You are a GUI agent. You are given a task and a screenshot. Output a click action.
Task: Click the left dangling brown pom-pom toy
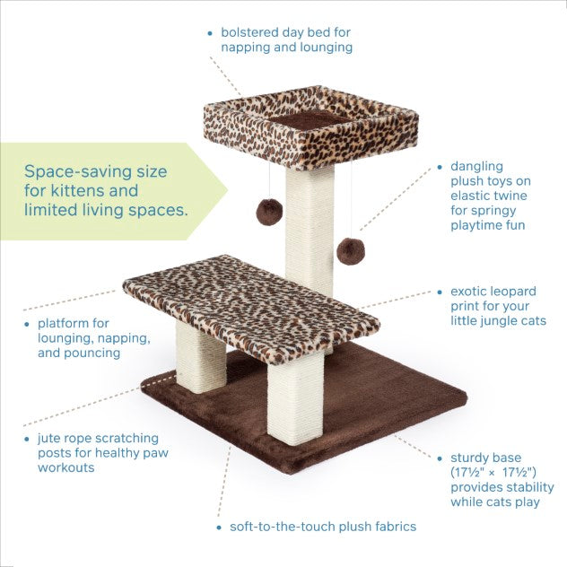[x=269, y=212]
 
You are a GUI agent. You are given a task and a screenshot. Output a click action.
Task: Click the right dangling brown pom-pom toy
[x=351, y=251]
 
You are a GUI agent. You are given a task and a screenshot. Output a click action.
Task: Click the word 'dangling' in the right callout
[x=476, y=167]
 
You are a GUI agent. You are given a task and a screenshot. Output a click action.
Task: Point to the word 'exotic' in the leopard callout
[x=469, y=291]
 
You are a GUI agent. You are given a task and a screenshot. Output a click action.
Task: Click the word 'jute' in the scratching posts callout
[x=49, y=439]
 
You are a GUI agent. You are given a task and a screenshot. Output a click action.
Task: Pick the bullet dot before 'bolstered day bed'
[x=210, y=33]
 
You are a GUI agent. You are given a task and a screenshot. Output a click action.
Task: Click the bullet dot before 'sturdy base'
[x=440, y=458]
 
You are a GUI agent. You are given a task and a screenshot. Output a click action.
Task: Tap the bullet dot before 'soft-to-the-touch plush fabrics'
[x=219, y=528]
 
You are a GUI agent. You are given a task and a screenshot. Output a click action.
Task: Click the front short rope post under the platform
[x=295, y=399]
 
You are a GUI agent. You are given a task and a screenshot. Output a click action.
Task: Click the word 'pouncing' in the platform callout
[x=92, y=353]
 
